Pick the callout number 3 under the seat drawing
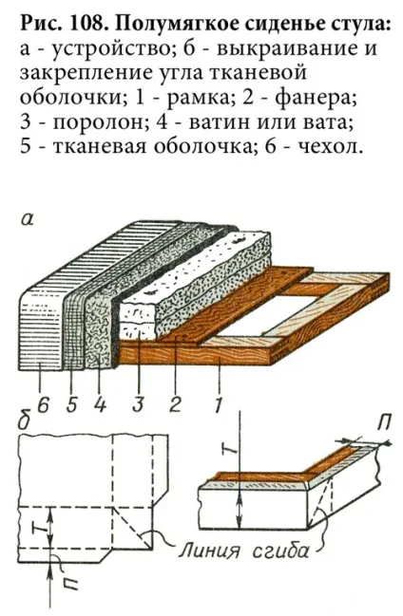[x=138, y=404]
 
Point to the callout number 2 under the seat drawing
[x=175, y=404]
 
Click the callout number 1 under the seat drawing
[x=218, y=404]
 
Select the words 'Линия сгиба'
[x=243, y=551]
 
